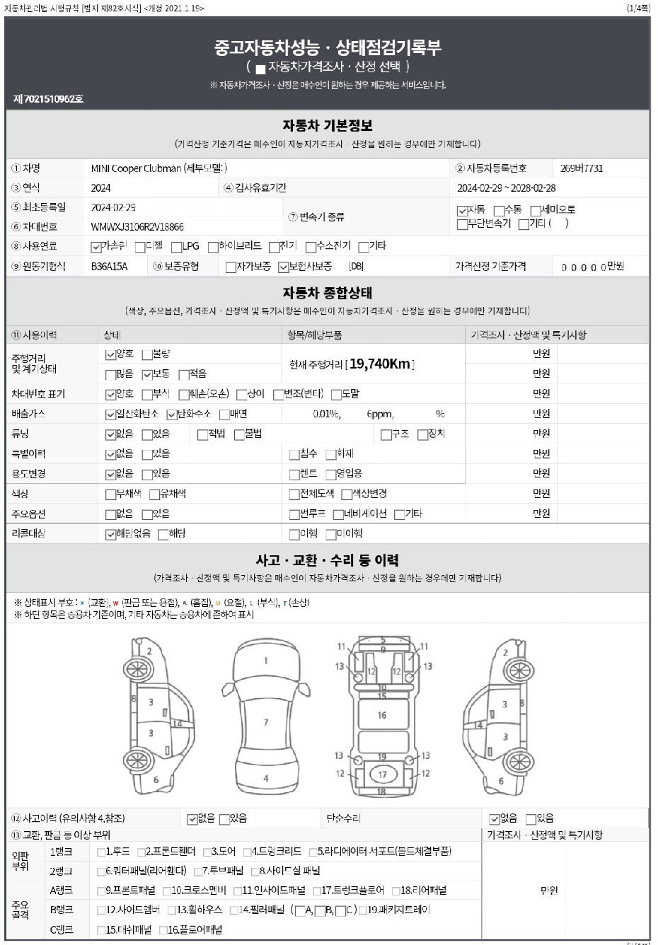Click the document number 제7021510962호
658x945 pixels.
pyautogui.click(x=48, y=99)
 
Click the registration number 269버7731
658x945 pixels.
pyautogui.click(x=581, y=168)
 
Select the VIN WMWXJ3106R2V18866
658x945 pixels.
pyautogui.click(x=137, y=227)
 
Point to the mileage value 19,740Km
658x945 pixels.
pyautogui.click(x=380, y=364)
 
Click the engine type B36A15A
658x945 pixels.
pyautogui.click(x=110, y=267)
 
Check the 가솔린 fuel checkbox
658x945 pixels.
pyautogui.click(x=96, y=247)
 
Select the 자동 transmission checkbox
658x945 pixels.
pyautogui.click(x=462, y=211)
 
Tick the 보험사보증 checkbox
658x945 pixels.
pyautogui.click(x=284, y=267)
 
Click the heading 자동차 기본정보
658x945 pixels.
pyautogui.click(x=328, y=126)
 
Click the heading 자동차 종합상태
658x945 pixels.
pyautogui.click(x=328, y=293)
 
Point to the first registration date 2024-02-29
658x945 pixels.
pyautogui.click(x=113, y=207)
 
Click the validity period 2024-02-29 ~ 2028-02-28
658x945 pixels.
pyautogui.click(x=506, y=188)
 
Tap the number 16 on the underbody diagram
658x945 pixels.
pyautogui.click(x=382, y=715)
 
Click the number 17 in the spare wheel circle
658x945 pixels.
pyautogui.click(x=382, y=775)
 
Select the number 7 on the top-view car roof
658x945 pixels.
pyautogui.click(x=266, y=722)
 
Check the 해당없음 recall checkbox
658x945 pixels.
pyautogui.click(x=110, y=535)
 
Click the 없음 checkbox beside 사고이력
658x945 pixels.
pyautogui.click(x=192, y=819)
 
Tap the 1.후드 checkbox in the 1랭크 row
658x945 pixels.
pyautogui.click(x=101, y=852)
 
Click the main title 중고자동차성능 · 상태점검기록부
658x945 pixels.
pyautogui.click(x=328, y=47)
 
